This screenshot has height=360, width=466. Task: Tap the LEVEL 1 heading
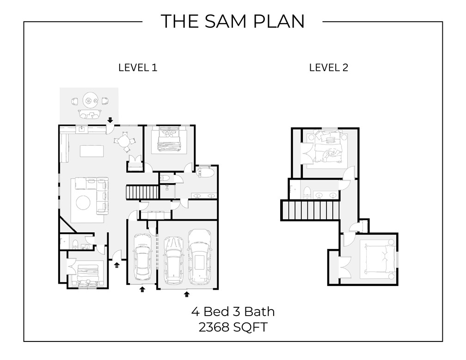point(138,68)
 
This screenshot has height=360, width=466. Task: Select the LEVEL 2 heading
point(328,68)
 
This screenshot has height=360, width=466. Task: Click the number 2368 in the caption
point(214,327)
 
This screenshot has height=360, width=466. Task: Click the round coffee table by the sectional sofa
point(84,203)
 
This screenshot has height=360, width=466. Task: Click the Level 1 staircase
point(142,192)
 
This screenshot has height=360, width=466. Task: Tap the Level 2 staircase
point(310,211)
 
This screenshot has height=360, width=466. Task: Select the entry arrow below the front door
point(117,265)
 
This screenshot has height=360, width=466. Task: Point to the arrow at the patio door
point(110,120)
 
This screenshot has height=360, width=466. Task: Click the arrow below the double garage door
point(187,294)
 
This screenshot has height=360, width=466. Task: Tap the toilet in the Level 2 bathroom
point(307,192)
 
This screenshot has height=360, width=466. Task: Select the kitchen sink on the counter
point(82,129)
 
